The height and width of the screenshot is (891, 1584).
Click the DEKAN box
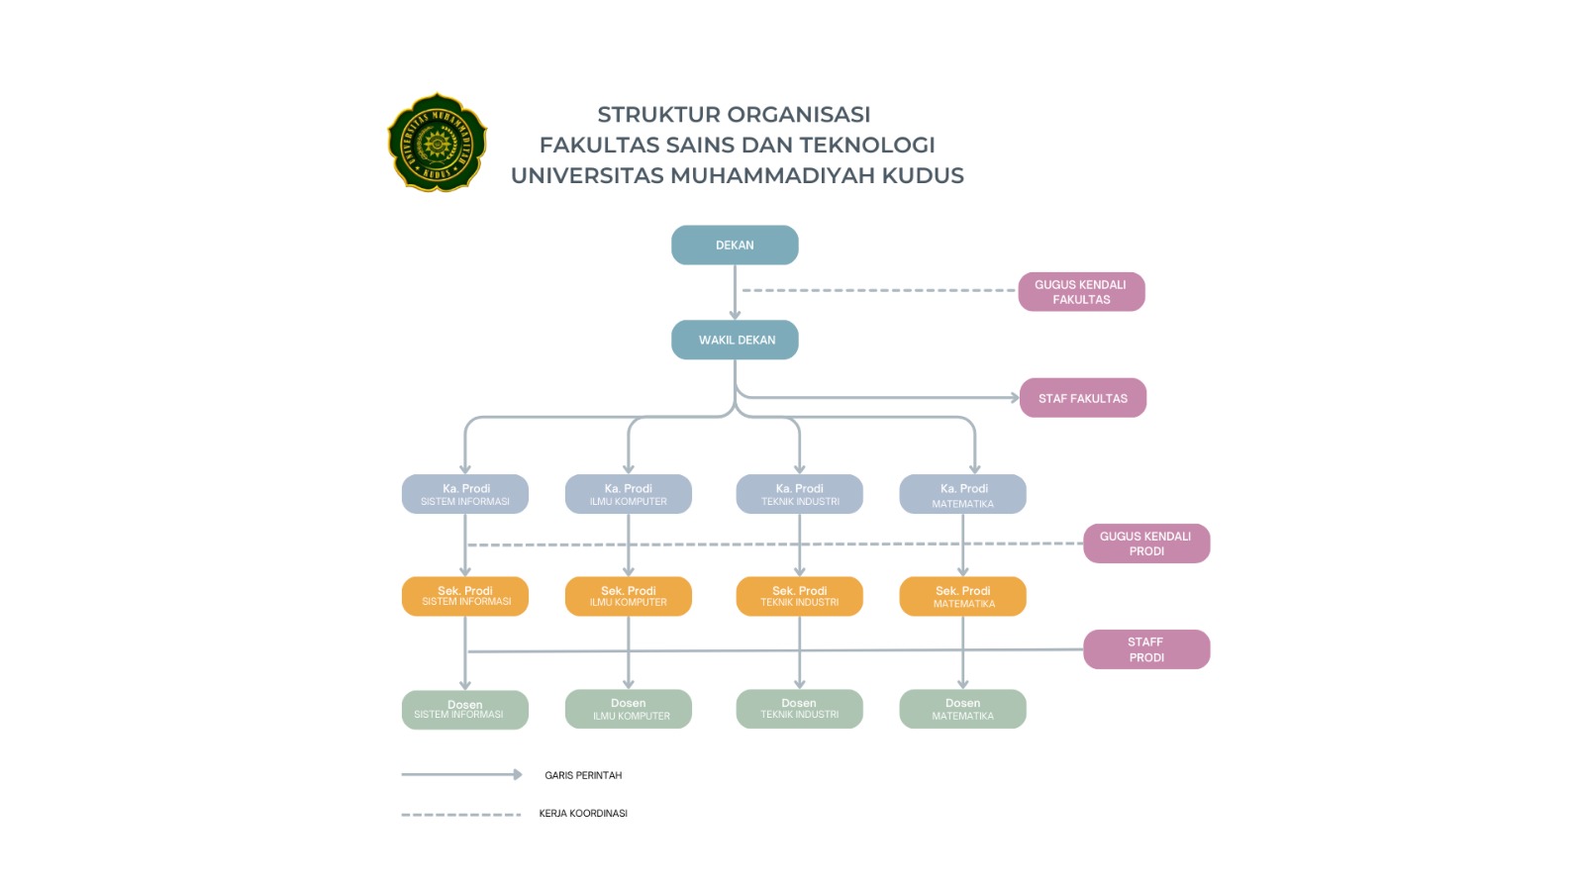tap(735, 246)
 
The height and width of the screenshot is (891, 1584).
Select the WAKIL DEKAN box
tap(735, 340)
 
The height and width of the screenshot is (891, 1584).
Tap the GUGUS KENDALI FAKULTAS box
tap(1081, 292)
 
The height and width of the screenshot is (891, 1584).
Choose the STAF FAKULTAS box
tap(1082, 398)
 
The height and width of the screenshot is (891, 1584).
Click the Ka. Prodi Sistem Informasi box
tap(464, 494)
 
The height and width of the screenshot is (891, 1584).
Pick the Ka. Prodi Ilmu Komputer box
tap(628, 494)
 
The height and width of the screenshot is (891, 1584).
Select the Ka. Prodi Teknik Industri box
tap(799, 494)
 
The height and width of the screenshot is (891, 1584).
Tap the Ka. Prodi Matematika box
tap(962, 494)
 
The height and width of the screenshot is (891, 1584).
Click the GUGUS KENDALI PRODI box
tap(1145, 544)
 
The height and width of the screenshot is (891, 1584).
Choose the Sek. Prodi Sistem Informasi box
tap(464, 596)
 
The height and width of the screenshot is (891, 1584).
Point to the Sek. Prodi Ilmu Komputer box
tap(628, 596)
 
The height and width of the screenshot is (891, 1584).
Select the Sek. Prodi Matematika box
tap(962, 596)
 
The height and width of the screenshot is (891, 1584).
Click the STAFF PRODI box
tap(1145, 649)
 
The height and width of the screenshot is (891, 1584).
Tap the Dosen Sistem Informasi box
tap(464, 710)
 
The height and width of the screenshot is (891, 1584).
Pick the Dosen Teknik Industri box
tap(799, 709)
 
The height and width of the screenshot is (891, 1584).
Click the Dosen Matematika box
tap(962, 709)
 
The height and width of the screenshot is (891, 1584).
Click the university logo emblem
tap(437, 143)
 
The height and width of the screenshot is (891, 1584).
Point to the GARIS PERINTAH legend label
tap(583, 775)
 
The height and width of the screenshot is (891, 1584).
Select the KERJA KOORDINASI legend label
tap(583, 814)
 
